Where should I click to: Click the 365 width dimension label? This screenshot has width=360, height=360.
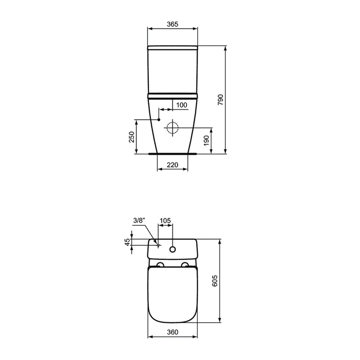tap(172, 24)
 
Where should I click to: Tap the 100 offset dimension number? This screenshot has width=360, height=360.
tap(181, 105)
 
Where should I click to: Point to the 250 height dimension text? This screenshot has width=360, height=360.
tap(132, 137)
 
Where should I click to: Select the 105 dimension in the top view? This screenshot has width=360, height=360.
tap(165, 220)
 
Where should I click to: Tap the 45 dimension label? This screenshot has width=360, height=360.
tap(127, 242)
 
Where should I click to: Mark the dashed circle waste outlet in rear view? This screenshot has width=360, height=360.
tap(172, 127)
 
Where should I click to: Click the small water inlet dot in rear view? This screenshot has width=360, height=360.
tap(158, 120)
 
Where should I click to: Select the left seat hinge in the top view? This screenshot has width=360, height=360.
tap(160, 265)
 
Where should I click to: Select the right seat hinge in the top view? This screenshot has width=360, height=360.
tap(185, 265)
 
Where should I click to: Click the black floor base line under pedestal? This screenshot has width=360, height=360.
tap(172, 154)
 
